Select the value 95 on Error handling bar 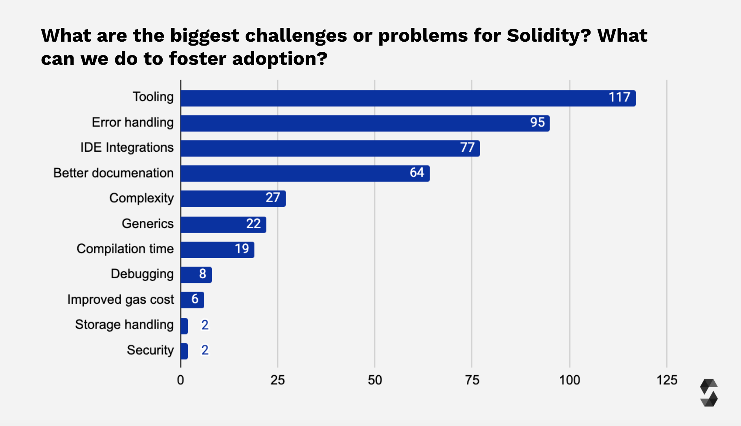537,123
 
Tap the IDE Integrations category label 127,148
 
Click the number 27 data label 273,197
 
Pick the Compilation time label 125,249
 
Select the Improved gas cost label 120,299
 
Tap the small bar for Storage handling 184,326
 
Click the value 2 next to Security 205,350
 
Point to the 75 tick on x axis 472,380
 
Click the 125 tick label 667,380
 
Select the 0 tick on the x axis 180,380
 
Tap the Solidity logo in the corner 709,393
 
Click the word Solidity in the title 548,36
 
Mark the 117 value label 619,97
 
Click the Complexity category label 141,198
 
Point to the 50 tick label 375,380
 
